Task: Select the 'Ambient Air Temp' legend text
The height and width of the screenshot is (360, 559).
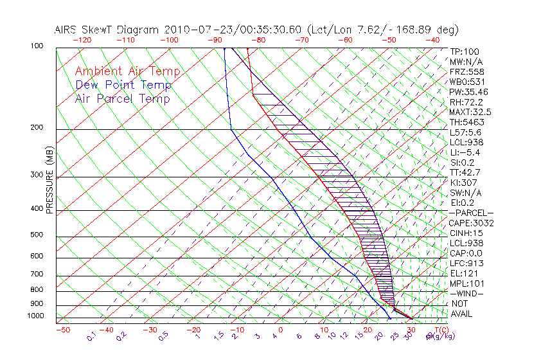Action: (x=127, y=71)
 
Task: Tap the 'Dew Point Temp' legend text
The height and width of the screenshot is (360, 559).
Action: (x=123, y=85)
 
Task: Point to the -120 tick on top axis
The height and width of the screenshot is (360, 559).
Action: (x=81, y=40)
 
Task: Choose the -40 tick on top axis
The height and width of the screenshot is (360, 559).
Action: (x=432, y=40)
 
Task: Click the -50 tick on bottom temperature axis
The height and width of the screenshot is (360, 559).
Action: (x=62, y=330)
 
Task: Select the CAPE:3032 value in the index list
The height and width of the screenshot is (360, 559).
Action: (x=471, y=223)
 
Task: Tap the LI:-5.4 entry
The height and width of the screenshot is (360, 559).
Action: (x=465, y=152)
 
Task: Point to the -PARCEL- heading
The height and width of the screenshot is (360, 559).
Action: (x=471, y=213)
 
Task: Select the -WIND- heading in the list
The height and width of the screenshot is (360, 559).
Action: (x=466, y=293)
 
